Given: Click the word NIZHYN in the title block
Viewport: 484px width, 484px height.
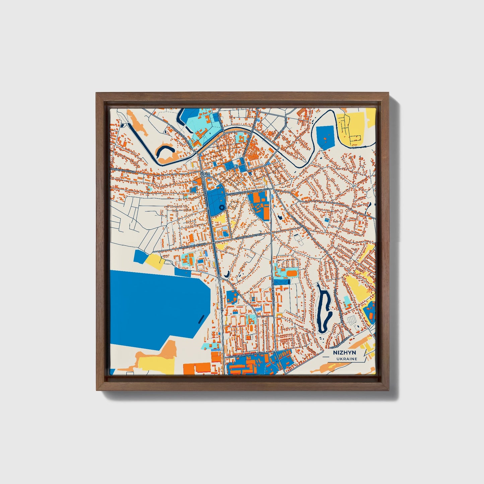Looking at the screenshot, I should [345, 353].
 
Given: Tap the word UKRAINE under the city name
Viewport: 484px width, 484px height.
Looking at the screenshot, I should [347, 359].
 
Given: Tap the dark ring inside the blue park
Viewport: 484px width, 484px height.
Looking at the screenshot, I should [221, 208].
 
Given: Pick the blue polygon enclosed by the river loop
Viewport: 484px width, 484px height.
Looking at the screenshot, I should [325, 137].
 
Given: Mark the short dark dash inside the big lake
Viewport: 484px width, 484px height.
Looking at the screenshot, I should [200, 318].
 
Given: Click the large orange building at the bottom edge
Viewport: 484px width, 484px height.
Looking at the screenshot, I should [198, 367].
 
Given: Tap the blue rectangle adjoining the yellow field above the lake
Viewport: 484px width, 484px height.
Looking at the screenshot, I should [140, 257].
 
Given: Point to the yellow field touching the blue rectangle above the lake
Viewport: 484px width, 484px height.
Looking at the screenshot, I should [155, 261].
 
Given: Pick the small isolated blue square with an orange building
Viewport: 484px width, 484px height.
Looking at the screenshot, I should [327, 220].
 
